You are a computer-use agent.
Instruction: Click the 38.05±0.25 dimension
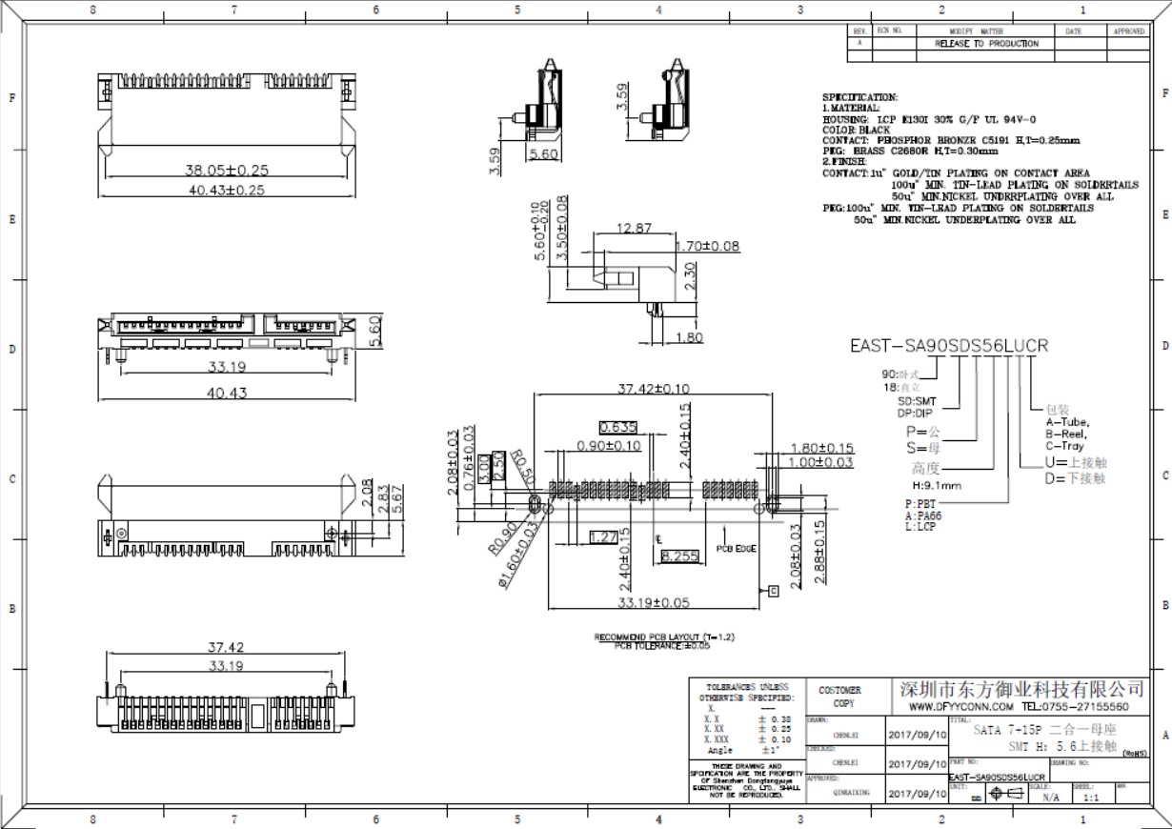(227, 171)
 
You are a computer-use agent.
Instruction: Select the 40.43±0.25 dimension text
(227, 190)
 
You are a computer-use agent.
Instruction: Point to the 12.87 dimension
(634, 229)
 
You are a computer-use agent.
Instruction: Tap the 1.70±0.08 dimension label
(707, 247)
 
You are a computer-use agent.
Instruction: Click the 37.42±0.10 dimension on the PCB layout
(654, 389)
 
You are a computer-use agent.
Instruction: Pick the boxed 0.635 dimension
(617, 427)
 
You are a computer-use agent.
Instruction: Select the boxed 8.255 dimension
(679, 556)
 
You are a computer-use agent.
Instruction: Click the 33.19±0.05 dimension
(654, 602)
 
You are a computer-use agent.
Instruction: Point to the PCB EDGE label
(736, 549)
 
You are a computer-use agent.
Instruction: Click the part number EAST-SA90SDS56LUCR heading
(948, 346)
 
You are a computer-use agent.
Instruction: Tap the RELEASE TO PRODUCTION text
(986, 44)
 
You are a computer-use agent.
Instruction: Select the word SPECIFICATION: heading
(859, 97)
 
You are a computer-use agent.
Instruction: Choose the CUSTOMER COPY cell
(839, 697)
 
